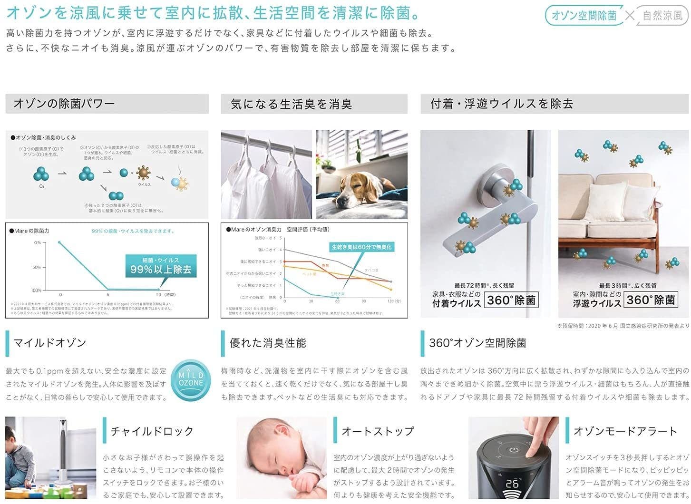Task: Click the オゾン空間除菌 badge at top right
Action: click(584, 16)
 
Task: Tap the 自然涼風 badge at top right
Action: click(662, 16)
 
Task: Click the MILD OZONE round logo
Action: click(191, 379)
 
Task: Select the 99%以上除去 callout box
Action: click(161, 266)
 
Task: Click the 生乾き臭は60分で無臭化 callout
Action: click(361, 247)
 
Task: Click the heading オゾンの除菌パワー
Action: click(64, 103)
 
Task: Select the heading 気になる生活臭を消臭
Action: click(291, 104)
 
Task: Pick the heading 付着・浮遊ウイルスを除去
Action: click(502, 104)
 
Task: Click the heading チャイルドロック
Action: click(152, 431)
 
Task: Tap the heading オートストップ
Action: click(378, 431)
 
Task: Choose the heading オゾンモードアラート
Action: click(625, 431)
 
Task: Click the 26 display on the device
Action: click(512, 484)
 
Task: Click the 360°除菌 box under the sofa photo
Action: click(651, 300)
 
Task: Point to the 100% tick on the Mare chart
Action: click(37, 290)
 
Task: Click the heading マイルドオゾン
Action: click(50, 343)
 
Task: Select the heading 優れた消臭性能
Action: click(268, 343)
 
